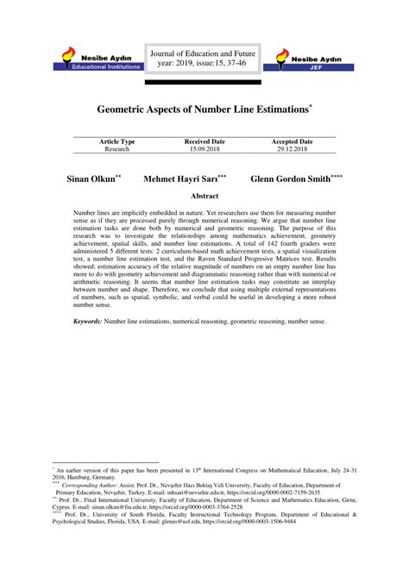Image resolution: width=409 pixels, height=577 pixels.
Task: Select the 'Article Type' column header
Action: click(x=116, y=141)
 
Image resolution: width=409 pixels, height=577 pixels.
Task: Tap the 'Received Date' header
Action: click(x=204, y=141)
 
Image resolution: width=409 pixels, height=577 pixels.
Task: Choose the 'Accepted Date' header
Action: click(x=293, y=141)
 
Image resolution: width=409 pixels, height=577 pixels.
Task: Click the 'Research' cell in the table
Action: click(x=116, y=149)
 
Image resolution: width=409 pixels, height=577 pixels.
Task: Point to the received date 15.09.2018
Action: click(x=204, y=149)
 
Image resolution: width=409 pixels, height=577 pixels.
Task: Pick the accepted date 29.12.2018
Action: click(x=293, y=149)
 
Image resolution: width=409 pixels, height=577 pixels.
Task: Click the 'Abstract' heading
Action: click(x=204, y=197)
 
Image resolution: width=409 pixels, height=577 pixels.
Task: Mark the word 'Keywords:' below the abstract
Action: click(x=87, y=321)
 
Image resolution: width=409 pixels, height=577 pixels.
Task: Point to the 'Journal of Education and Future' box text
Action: click(x=204, y=57)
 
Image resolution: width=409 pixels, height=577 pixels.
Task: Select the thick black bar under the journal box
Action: click(x=204, y=85)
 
